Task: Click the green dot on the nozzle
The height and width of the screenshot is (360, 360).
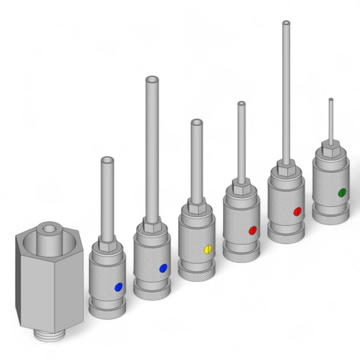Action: point(341,193)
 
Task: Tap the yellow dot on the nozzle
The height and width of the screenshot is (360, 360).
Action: point(208,248)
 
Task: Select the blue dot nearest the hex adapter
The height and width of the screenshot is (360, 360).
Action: point(118,287)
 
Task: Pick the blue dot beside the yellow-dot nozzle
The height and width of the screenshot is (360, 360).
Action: point(163,269)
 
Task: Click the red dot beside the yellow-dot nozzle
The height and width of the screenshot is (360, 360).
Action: point(253,230)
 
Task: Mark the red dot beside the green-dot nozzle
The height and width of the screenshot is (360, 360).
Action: point(297,211)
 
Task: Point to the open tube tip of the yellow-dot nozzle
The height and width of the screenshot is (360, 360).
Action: point(196,123)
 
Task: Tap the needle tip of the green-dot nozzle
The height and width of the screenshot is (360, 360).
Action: point(330,100)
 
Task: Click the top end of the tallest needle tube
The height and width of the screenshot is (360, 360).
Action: point(286,23)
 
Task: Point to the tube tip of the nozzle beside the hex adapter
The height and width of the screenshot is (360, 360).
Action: point(107,161)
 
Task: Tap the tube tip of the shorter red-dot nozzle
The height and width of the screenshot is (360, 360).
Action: point(241,105)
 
